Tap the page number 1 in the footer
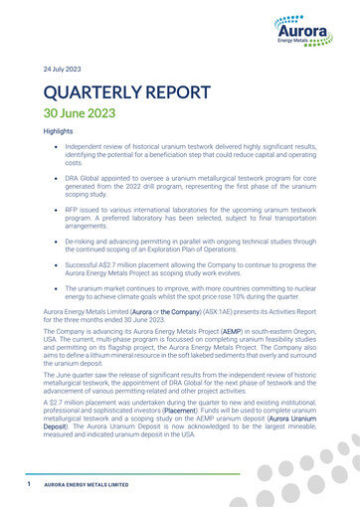click(30, 484)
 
